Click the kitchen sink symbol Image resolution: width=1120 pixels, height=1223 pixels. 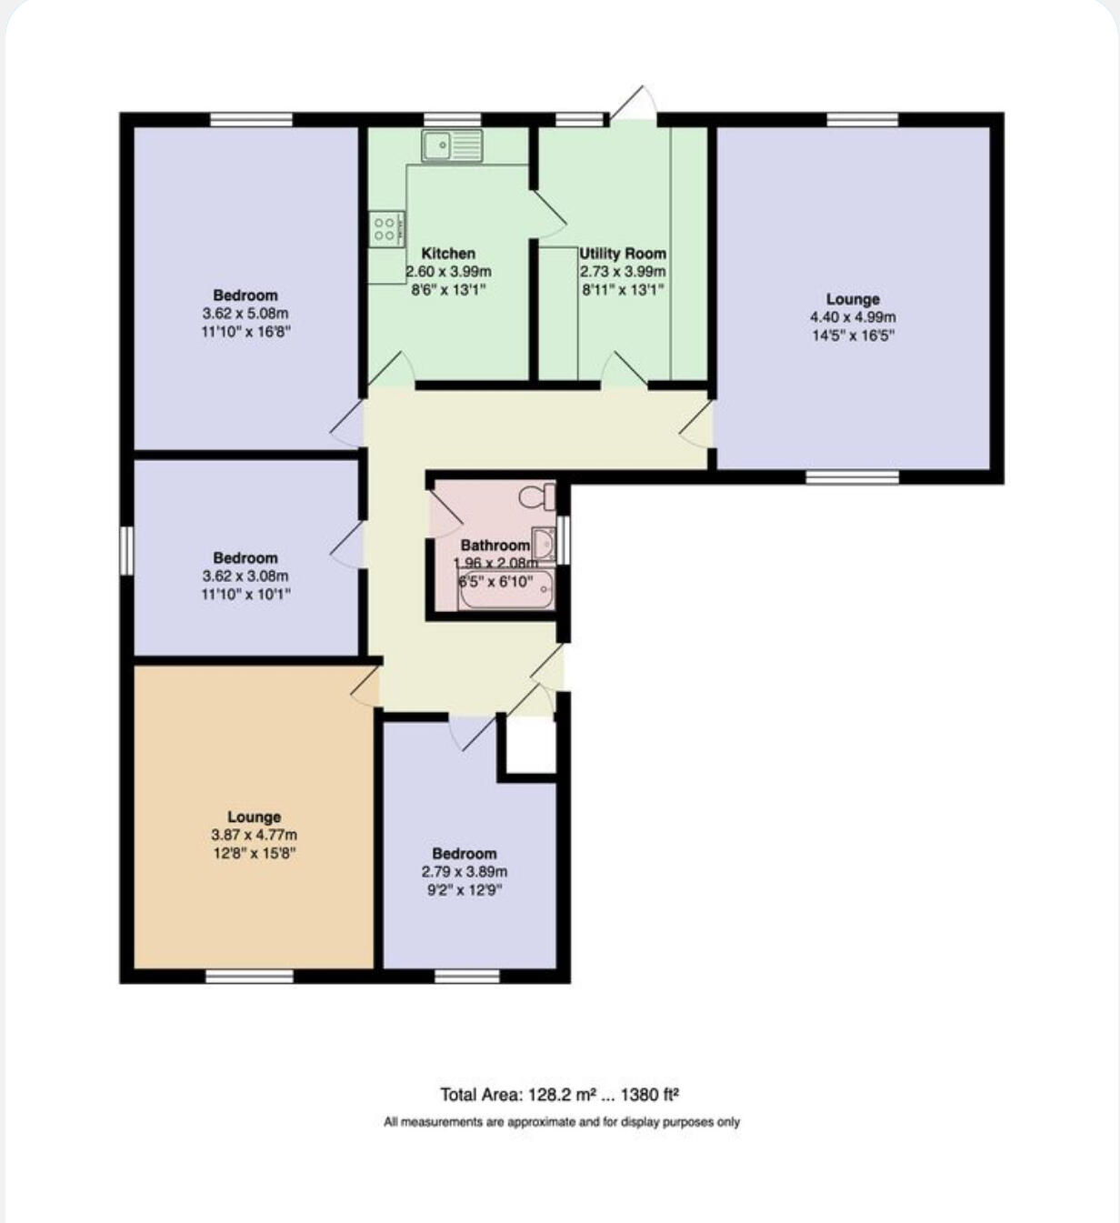click(x=452, y=145)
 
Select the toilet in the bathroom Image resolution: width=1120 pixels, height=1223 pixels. click(x=536, y=496)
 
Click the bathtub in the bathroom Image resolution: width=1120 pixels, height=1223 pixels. click(x=505, y=592)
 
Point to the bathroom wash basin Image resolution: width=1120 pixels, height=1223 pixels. click(x=543, y=544)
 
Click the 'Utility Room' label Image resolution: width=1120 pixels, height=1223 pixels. click(x=623, y=254)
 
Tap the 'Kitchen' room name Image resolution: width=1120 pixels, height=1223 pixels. click(x=448, y=254)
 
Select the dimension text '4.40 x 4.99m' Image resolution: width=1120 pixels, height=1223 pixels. click(x=853, y=317)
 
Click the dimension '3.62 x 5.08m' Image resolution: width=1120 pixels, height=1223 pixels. click(x=245, y=314)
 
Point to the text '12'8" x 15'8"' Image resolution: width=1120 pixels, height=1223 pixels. click(x=254, y=853)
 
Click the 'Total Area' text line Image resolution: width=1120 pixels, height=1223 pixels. click(x=560, y=1095)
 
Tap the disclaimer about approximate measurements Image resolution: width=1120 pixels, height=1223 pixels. click(x=561, y=1122)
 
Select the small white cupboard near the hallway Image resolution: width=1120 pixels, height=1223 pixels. click(x=530, y=747)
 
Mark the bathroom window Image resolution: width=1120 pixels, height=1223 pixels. click(x=564, y=540)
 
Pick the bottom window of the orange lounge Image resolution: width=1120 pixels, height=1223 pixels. click(x=249, y=976)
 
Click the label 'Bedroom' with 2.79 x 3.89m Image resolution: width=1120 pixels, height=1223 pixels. click(x=464, y=854)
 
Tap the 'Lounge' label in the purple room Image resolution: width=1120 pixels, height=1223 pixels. click(x=853, y=299)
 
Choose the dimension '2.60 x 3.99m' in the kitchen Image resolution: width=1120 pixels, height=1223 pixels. click(x=448, y=272)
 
